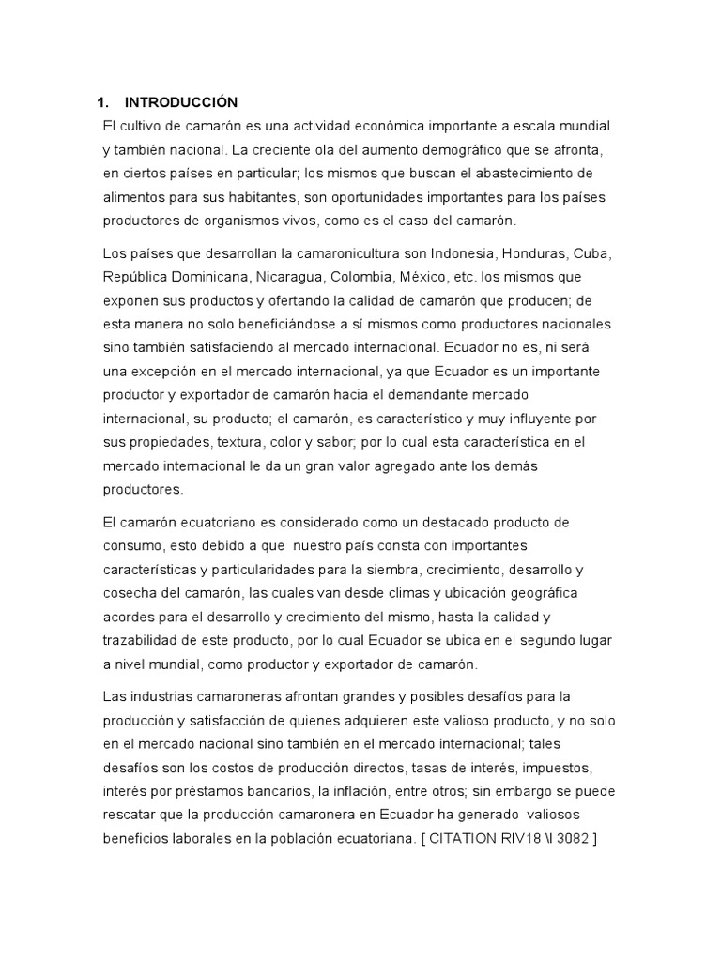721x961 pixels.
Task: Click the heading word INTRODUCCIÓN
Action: click(x=181, y=101)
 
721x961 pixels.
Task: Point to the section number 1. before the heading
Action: click(x=105, y=101)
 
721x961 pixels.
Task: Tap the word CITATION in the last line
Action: click(x=466, y=837)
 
